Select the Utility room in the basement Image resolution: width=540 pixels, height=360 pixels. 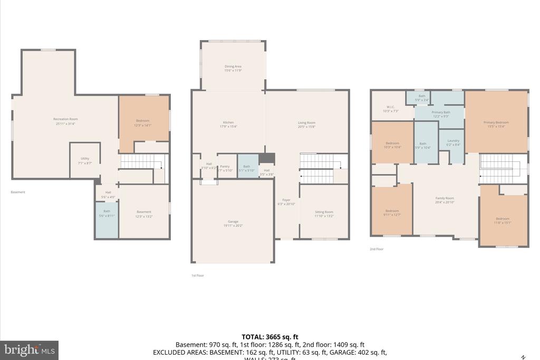pos(85,160)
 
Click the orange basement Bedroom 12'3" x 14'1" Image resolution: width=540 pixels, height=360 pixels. pos(143,122)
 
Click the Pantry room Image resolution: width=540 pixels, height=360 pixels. pos(225,168)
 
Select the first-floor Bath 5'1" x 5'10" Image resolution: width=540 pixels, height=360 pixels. pos(247,168)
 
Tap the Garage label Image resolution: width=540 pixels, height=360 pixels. pos(233,223)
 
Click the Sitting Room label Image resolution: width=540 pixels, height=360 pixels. pos(324,213)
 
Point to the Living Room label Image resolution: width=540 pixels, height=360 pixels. pos(306,124)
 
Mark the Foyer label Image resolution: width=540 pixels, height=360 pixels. pos(286,201)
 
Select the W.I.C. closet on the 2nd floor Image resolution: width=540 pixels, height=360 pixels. pos(391,109)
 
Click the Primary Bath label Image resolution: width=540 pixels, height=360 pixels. pos(441,114)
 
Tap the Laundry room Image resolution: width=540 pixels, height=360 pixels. pos(453,142)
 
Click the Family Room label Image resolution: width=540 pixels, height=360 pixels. pos(445,200)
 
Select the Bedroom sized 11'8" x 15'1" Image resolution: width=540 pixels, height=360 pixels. pos(503,220)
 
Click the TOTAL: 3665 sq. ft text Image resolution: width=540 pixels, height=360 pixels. pos(270,336)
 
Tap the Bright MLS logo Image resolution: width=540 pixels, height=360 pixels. pos(29,350)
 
